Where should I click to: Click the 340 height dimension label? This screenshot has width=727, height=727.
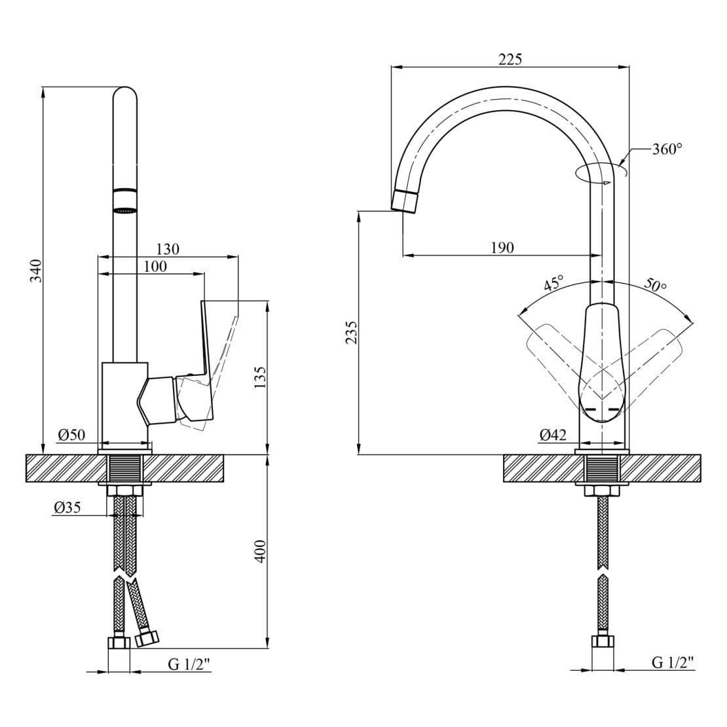pyautogui.click(x=37, y=270)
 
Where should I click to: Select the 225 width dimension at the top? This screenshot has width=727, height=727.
pyautogui.click(x=510, y=59)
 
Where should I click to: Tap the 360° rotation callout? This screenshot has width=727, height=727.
pyautogui.click(x=667, y=149)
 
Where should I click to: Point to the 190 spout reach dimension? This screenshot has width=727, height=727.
pyautogui.click(x=502, y=248)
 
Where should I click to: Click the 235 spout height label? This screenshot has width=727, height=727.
pyautogui.click(x=352, y=333)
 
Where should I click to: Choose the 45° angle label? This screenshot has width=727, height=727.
pyautogui.click(x=553, y=284)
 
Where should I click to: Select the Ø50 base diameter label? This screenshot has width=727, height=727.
pyautogui.click(x=71, y=435)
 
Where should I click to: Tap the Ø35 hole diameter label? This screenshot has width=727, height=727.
pyautogui.click(x=67, y=507)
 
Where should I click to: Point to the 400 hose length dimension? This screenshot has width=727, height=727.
pyautogui.click(x=260, y=551)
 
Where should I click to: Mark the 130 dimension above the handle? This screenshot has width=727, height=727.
pyautogui.click(x=168, y=249)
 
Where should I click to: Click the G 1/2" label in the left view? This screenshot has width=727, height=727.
pyautogui.click(x=189, y=664)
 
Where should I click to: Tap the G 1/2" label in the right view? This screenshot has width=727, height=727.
pyautogui.click(x=672, y=663)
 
